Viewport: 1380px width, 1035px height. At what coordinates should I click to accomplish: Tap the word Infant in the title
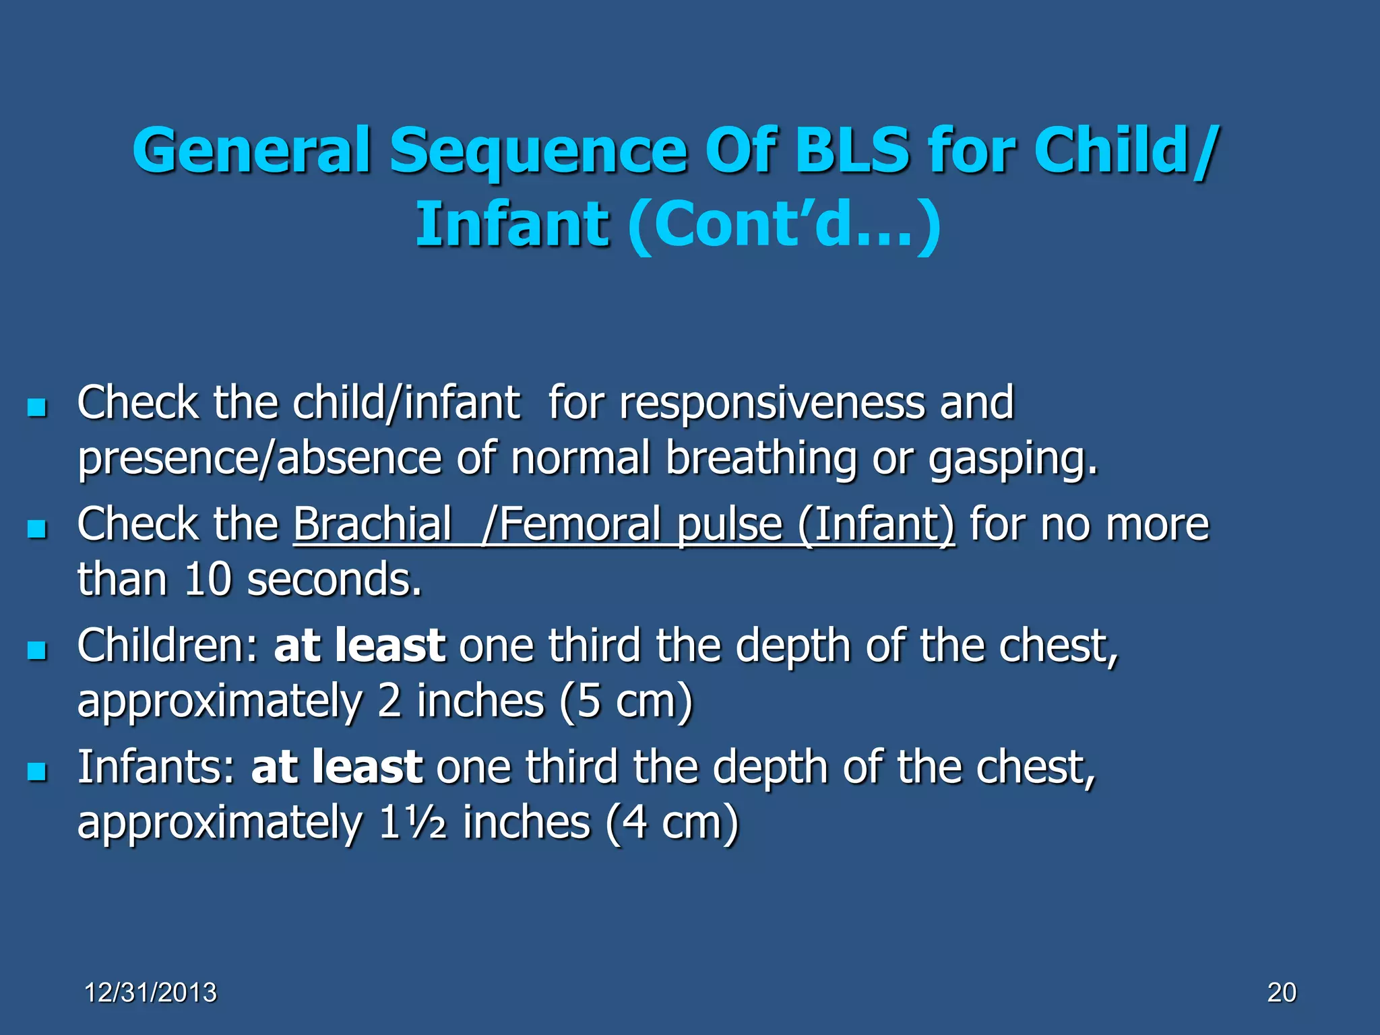coord(512,224)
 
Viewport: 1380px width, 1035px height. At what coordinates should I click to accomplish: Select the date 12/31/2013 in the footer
coord(151,993)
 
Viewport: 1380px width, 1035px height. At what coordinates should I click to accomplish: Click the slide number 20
coord(1282,993)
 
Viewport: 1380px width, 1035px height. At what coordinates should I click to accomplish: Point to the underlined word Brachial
coord(373,524)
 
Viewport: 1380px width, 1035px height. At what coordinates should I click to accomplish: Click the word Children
coord(167,645)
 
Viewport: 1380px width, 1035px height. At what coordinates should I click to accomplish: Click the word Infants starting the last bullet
coord(156,767)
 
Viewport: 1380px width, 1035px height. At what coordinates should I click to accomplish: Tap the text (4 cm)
coord(672,823)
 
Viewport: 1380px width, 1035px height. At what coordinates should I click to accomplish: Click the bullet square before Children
coord(37,650)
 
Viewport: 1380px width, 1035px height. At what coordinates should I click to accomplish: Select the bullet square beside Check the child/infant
coord(37,407)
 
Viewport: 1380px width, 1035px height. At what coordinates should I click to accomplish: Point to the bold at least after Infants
coord(337,767)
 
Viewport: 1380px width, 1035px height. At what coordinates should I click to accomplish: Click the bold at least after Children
coord(359,645)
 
